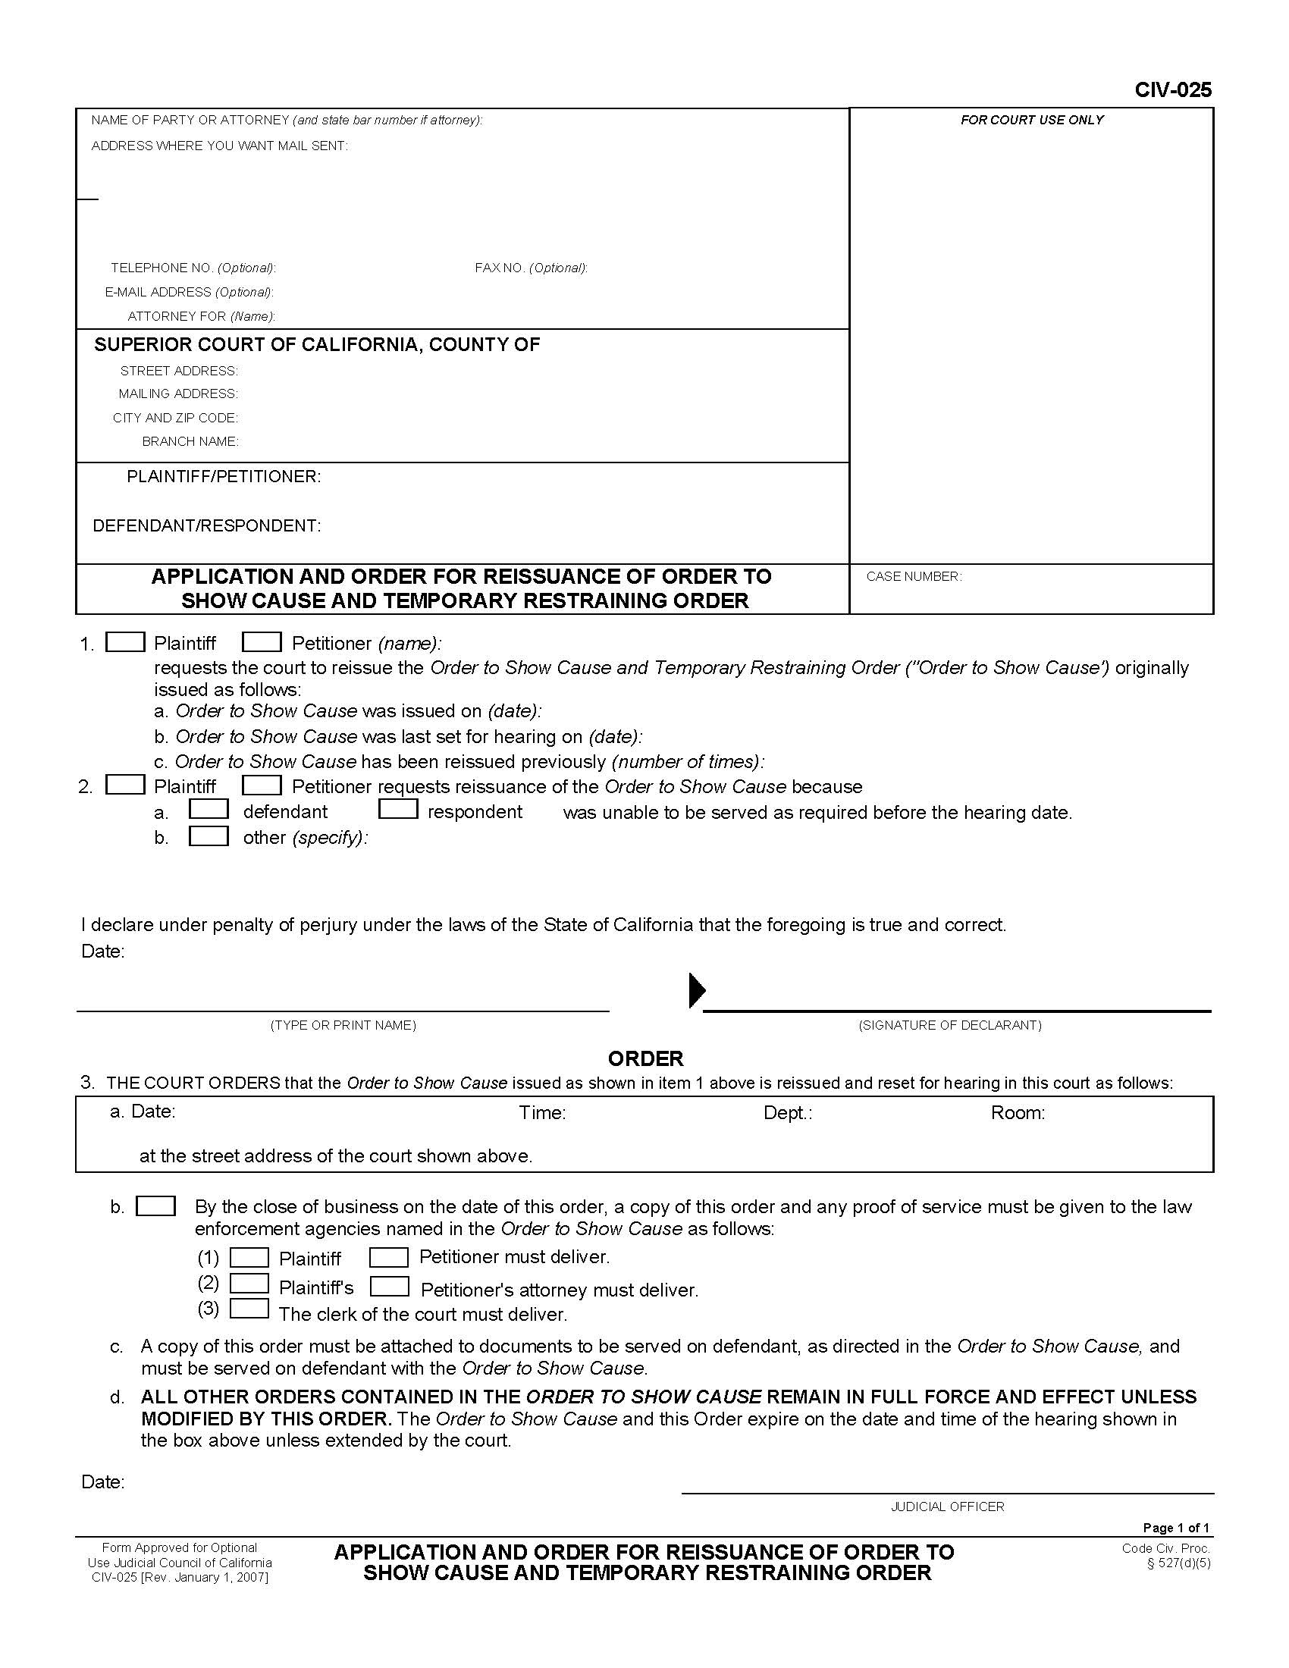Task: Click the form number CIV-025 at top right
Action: click(1172, 90)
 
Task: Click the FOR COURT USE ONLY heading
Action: click(1032, 120)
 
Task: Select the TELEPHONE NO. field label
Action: click(193, 268)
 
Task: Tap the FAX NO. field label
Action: click(531, 268)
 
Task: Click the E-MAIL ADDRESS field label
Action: click(189, 292)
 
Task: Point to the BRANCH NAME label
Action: click(190, 441)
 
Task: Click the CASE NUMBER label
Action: click(914, 577)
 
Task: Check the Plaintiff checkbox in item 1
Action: click(125, 642)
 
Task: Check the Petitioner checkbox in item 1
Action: click(262, 642)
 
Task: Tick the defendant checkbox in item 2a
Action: click(209, 809)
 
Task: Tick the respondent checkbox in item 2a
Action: click(398, 809)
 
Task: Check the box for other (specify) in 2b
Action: click(209, 836)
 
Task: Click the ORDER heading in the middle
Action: click(645, 1058)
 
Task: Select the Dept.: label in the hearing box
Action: click(787, 1113)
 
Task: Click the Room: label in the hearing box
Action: click(1017, 1113)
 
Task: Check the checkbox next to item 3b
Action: click(155, 1206)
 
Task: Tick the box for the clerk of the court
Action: click(249, 1309)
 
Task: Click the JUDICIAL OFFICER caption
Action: click(947, 1507)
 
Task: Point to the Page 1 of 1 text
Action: click(1175, 1528)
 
